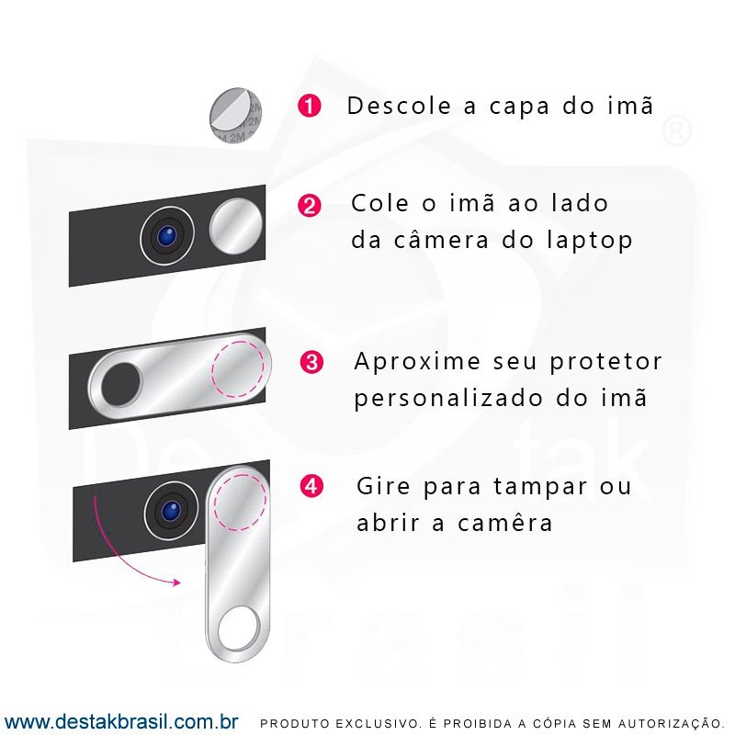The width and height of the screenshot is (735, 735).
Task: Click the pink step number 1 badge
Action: [x=310, y=106]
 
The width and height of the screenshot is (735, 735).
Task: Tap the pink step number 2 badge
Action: [x=310, y=206]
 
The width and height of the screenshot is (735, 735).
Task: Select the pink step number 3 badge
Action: [x=311, y=362]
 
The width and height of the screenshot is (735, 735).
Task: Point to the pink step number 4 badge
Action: [x=311, y=486]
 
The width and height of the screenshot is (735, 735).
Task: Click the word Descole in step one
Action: [x=399, y=106]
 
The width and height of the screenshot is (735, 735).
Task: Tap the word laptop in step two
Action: [x=590, y=241]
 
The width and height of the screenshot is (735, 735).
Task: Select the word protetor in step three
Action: [x=605, y=363]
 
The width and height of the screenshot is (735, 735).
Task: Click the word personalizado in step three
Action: [x=449, y=399]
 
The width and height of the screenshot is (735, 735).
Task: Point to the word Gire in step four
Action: [x=383, y=486]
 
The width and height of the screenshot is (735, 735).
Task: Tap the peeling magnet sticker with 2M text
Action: [x=236, y=115]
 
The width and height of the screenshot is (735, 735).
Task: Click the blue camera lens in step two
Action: [x=167, y=236]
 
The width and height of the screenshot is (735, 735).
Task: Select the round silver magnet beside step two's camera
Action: [x=236, y=225]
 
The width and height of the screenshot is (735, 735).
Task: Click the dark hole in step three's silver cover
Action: [x=121, y=384]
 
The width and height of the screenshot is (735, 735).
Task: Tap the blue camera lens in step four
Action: [x=171, y=511]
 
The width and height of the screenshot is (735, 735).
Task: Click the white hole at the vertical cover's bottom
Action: [x=238, y=628]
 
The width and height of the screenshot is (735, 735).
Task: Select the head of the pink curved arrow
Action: [x=177, y=582]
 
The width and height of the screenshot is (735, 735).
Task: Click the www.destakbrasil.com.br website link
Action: [x=121, y=721]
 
